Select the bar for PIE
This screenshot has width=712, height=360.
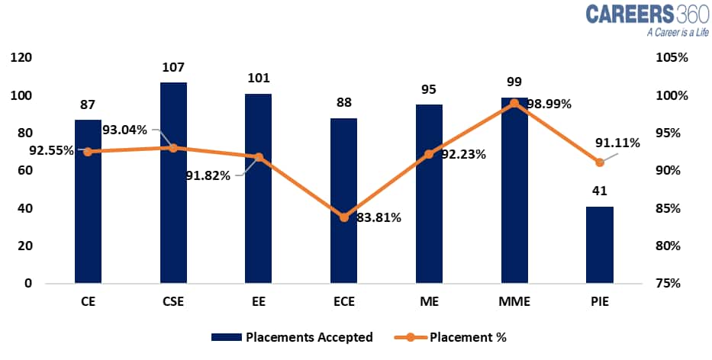pos(599,244)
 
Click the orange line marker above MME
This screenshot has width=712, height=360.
pos(514,103)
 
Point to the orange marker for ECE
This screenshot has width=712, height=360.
pos(344,217)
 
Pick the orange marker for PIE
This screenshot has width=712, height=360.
pos(600,162)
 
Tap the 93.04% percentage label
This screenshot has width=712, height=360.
pos(124,130)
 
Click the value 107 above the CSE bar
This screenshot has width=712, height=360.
pos(173,68)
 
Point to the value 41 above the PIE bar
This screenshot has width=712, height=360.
pos(600,192)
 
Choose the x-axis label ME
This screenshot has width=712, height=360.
pos(429,303)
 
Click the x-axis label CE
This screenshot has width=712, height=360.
pos(88,303)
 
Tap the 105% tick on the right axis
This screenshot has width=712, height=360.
pos(673,58)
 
